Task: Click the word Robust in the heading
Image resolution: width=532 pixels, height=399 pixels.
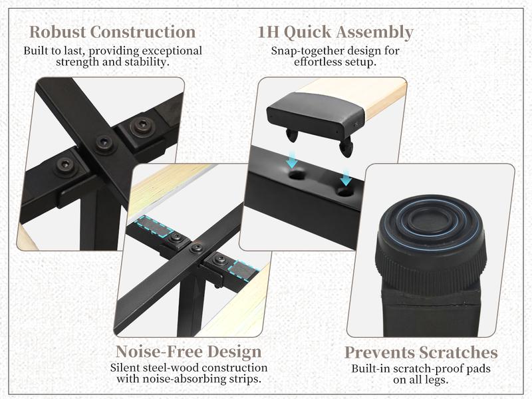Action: (x=57, y=32)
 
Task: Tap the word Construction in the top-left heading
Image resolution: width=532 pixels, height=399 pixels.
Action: (x=143, y=32)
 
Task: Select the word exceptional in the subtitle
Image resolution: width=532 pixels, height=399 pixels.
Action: (x=172, y=51)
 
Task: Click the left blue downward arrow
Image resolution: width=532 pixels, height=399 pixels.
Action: (x=292, y=160)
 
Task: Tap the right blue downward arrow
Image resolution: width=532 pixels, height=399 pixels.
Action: (x=346, y=178)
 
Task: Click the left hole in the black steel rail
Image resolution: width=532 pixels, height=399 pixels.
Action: (x=297, y=176)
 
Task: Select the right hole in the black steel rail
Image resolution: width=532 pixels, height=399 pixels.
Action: (x=345, y=192)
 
